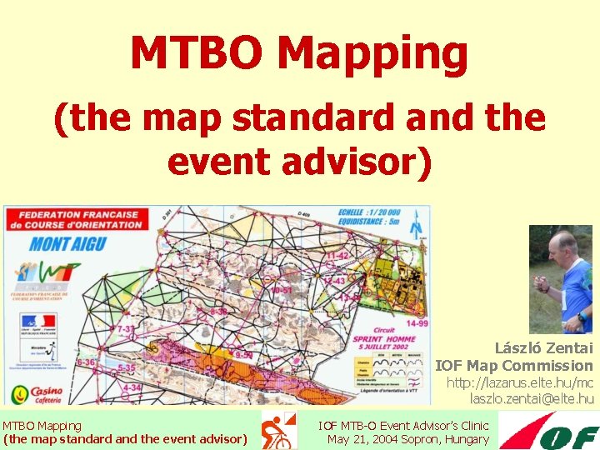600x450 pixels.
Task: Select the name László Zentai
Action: click(x=543, y=348)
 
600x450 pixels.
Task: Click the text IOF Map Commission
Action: click(x=513, y=365)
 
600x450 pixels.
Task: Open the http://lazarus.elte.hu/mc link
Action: click(x=520, y=382)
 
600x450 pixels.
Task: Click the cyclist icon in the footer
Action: click(x=278, y=431)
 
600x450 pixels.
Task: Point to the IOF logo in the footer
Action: click(x=549, y=431)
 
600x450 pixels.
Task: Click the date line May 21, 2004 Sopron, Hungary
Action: click(x=408, y=439)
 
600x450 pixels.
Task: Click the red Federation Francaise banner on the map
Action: click(x=75, y=219)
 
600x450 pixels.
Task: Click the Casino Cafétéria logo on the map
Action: click(x=35, y=393)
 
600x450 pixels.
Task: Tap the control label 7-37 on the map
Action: click(x=125, y=330)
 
